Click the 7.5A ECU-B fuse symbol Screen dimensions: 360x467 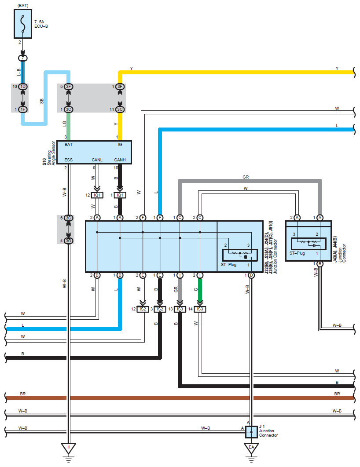click(23, 24)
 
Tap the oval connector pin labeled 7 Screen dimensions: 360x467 click(23, 58)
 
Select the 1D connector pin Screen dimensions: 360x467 click(23, 87)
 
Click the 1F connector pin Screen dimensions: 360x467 click(23, 109)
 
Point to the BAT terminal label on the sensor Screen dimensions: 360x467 click(69, 144)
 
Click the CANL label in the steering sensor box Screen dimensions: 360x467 click(97, 160)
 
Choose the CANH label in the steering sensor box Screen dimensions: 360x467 click(120, 160)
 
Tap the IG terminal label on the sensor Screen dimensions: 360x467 click(120, 144)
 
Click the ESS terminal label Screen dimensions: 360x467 click(69, 160)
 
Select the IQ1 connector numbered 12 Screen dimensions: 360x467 click(97, 195)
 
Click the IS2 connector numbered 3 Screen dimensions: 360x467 click(160, 309)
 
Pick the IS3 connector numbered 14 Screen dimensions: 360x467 click(200, 309)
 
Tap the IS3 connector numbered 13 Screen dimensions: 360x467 click(180, 309)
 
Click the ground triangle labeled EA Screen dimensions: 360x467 click(252, 449)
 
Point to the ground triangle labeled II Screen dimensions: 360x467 click(69, 449)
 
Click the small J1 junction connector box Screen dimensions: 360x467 click(252, 432)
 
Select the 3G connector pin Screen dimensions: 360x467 click(69, 241)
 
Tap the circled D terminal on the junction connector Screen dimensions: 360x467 click(252, 275)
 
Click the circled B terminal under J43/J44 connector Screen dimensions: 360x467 click(320, 264)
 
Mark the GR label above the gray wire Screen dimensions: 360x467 click(246, 177)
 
